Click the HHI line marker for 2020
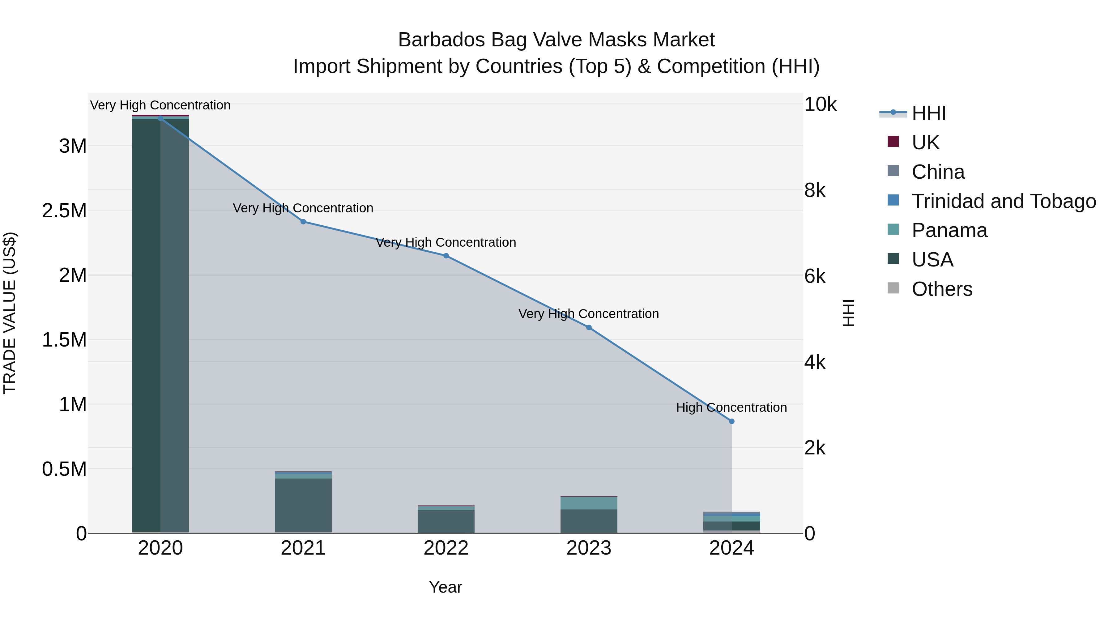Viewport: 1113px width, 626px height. click(160, 118)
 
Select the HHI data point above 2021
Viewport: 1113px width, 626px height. click(303, 222)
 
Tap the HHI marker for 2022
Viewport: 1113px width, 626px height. click(446, 256)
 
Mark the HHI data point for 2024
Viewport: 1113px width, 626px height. click(731, 421)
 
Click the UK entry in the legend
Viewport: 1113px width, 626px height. click(925, 143)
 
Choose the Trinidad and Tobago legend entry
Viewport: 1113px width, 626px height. click(1003, 201)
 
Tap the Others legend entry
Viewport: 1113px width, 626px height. click(942, 289)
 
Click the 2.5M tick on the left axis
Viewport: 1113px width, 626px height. click(64, 211)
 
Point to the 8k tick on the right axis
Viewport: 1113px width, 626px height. click(815, 190)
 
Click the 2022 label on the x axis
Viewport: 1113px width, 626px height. click(446, 548)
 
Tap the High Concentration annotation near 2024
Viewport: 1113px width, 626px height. click(731, 407)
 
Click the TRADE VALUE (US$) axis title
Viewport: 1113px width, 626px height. click(10, 313)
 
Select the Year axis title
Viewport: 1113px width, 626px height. click(446, 587)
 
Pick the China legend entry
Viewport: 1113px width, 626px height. click(938, 172)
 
